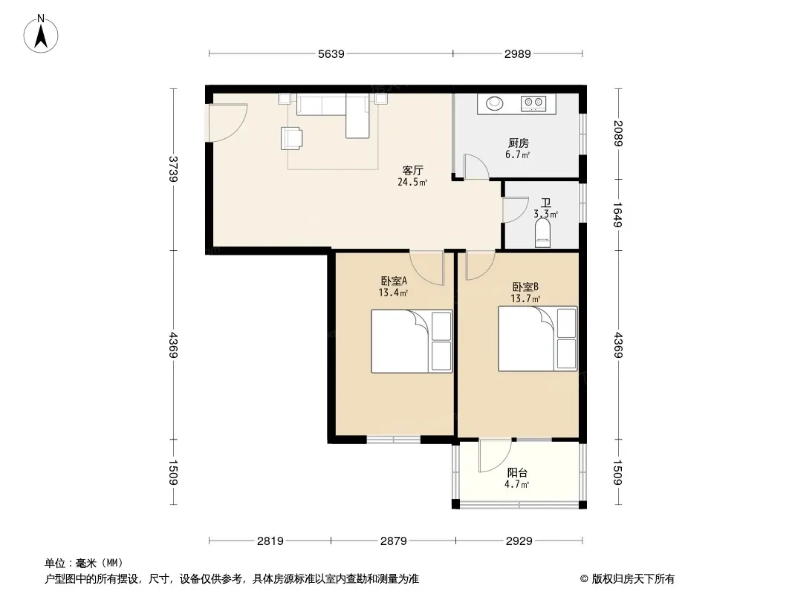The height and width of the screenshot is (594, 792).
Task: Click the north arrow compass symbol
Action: point(41,34)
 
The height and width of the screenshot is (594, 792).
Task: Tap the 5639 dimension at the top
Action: point(331,54)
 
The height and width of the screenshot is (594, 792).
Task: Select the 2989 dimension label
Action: point(517,54)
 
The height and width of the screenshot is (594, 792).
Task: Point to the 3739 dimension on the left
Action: point(173,169)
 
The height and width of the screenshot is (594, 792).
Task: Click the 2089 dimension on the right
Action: point(617,133)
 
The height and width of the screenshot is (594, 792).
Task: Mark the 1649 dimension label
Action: point(617,215)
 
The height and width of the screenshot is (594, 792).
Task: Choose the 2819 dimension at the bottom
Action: point(270,541)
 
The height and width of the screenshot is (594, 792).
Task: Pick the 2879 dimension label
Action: point(394,541)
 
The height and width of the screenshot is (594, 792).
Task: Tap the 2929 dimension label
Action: point(519,541)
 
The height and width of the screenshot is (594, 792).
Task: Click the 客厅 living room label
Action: point(412,171)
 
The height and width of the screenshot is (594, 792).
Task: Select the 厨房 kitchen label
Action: point(519,143)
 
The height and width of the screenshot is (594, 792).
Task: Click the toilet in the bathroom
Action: point(543,232)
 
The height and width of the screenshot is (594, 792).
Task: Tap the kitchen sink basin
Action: point(495,103)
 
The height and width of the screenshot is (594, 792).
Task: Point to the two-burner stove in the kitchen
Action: point(533,103)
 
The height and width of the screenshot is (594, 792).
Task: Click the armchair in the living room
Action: point(291,138)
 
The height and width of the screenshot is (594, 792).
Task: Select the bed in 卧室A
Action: point(412,341)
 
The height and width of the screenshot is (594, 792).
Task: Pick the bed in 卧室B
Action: point(537,339)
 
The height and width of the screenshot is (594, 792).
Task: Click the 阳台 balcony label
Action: point(517,473)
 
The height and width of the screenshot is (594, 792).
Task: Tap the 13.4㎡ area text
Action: point(393,293)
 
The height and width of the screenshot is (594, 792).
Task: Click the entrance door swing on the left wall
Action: point(227,123)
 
